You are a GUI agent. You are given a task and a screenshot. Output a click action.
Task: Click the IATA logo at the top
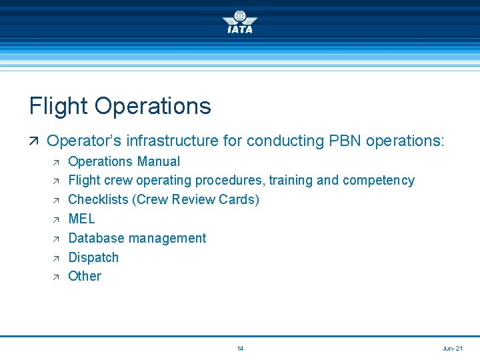click(239, 21)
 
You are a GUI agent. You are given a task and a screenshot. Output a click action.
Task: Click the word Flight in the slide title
click(58, 106)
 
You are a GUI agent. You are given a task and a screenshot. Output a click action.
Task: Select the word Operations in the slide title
click(153, 106)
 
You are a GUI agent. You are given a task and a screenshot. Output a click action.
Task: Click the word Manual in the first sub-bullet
click(158, 161)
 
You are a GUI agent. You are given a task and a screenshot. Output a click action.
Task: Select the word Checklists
click(97, 199)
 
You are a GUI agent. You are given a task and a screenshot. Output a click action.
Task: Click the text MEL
click(82, 219)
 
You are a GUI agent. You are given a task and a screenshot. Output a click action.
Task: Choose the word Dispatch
click(93, 257)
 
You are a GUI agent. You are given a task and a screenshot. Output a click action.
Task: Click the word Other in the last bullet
click(85, 276)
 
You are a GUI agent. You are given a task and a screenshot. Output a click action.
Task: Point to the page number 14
click(240, 349)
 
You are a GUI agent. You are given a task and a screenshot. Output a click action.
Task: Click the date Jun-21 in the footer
click(452, 349)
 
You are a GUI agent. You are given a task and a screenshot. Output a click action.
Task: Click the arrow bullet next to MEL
click(55, 219)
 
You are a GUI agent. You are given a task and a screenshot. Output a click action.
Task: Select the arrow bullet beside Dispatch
click(55, 258)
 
